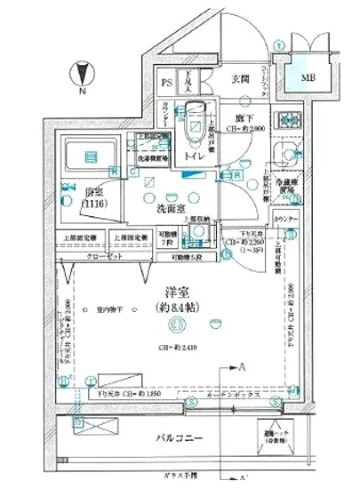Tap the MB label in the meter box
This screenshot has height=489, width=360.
point(308,77)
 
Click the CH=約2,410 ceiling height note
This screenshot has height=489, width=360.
point(174,347)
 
